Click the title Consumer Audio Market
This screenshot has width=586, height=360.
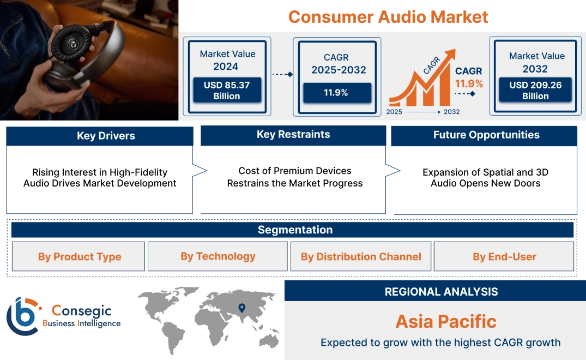tap(388, 16)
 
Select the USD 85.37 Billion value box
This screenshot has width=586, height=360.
tap(226, 91)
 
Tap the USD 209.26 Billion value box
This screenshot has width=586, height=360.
tap(535, 91)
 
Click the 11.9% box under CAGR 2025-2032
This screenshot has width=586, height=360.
tap(336, 93)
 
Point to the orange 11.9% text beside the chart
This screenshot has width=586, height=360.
tap(469, 84)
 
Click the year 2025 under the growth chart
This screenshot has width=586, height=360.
tap(394, 112)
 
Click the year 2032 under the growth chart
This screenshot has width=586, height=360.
tap(451, 112)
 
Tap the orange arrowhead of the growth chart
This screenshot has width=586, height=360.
tap(450, 55)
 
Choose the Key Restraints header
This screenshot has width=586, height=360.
tap(293, 135)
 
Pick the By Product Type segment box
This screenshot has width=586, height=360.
tap(80, 257)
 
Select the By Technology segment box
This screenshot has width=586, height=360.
tap(218, 256)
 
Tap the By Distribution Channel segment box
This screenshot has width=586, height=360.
tap(361, 257)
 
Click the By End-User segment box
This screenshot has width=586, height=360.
tap(504, 257)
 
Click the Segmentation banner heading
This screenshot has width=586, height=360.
tap(295, 230)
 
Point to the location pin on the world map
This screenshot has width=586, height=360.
tap(241, 309)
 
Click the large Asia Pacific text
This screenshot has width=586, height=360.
tap(445, 321)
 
